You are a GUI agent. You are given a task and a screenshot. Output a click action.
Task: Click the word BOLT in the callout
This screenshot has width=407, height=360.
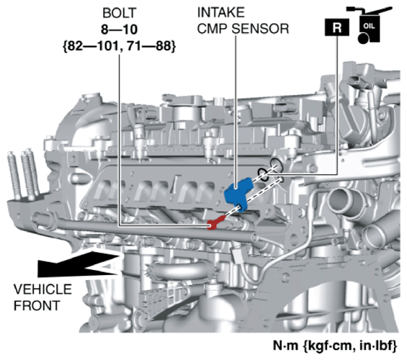[x=120, y=13]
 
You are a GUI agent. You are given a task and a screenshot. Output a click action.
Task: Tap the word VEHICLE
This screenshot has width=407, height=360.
[x=43, y=289]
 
